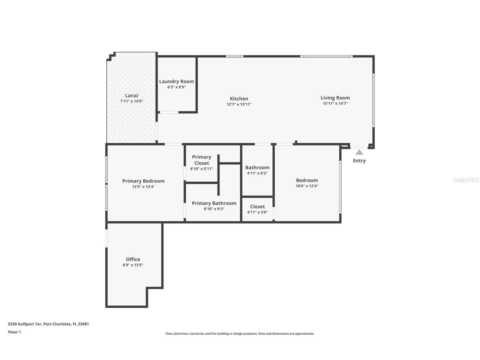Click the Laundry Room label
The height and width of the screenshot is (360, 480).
point(176,82)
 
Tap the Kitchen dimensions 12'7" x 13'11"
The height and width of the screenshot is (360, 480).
point(239,104)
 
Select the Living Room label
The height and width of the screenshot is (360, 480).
point(335,98)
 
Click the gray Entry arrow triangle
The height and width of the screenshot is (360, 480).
point(359,152)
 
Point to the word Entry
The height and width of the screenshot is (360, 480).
point(359,161)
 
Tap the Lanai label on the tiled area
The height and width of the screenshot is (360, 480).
point(132,96)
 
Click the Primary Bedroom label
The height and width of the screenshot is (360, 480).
point(143,181)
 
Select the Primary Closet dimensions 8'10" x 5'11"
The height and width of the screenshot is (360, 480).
point(201,169)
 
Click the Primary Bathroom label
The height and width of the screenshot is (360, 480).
point(214,203)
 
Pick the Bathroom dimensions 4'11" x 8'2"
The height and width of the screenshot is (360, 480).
point(257,173)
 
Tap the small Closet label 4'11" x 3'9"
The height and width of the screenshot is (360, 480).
point(257,207)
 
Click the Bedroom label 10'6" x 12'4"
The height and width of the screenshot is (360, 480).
point(307,181)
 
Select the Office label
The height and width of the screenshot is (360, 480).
point(133,259)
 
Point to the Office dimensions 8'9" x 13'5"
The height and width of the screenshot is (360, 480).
point(133,265)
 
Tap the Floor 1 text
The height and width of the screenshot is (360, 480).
point(14,332)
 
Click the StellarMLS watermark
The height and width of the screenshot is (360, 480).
point(466,180)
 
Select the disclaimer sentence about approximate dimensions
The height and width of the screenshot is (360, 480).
point(240,334)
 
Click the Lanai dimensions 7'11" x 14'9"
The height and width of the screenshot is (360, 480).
point(132,101)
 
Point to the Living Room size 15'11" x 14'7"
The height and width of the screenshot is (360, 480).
point(335,104)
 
